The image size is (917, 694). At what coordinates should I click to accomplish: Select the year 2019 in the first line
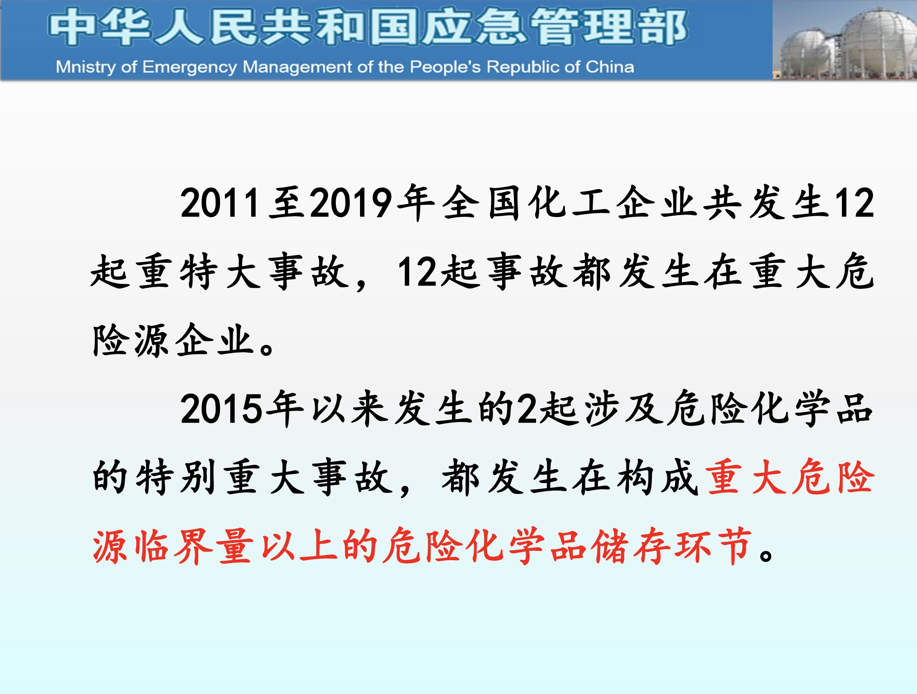pos(351,203)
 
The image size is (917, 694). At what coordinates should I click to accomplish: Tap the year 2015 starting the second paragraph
pos(221,409)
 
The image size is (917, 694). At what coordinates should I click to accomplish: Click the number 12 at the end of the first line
pos(854,203)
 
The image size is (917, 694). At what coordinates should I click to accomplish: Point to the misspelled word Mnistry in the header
pos(86,67)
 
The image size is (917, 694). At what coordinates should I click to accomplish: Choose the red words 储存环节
pos(672,546)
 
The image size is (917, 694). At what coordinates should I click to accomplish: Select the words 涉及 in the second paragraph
pos(624,409)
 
